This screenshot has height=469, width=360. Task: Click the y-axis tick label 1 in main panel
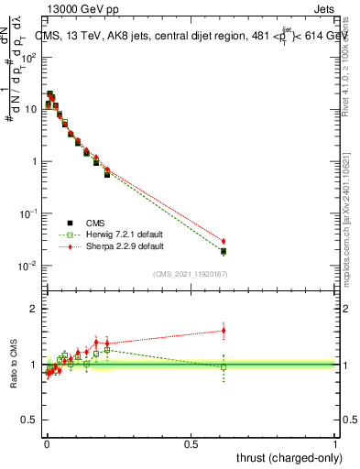pos(34,162)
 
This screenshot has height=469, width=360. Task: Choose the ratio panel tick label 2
pos(34,309)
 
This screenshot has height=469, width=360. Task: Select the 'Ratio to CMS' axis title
pos(14,364)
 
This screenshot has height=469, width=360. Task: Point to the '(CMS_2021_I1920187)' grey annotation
pos(190,273)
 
